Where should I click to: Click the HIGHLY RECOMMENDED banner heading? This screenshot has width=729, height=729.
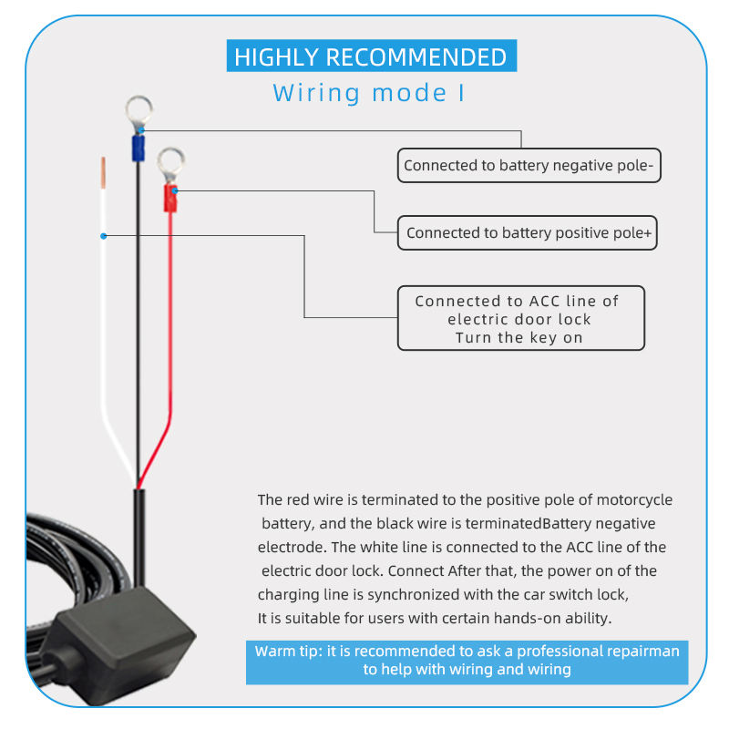(x=372, y=56)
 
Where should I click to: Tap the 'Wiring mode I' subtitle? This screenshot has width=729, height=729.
(x=369, y=93)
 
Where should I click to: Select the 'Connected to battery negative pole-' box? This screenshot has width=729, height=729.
(x=529, y=166)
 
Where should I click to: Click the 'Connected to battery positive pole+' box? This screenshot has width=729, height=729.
(x=528, y=232)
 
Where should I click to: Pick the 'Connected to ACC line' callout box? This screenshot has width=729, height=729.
(x=521, y=318)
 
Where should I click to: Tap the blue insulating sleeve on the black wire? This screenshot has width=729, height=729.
(x=139, y=149)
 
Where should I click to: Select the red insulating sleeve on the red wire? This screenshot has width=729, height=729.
(x=170, y=198)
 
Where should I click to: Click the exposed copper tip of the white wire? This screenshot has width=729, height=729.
(x=103, y=173)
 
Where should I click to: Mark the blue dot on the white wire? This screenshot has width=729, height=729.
(x=104, y=236)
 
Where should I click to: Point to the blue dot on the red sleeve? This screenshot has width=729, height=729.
(x=175, y=190)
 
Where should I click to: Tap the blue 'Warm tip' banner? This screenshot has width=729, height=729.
(x=467, y=662)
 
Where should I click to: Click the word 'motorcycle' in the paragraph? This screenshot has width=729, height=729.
(x=634, y=499)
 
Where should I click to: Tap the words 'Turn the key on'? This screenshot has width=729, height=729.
(x=519, y=337)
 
